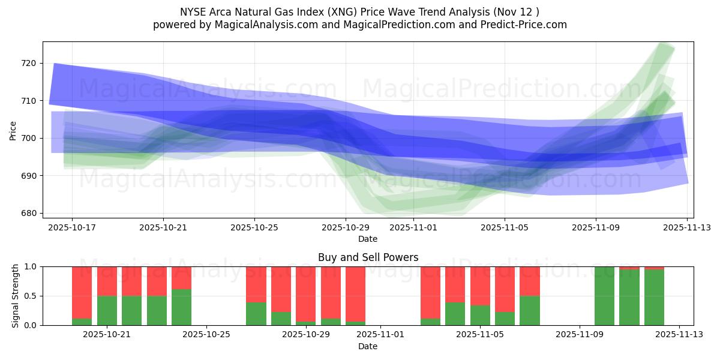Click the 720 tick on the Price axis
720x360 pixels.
29,63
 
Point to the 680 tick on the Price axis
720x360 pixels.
29,213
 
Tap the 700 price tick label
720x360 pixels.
29,138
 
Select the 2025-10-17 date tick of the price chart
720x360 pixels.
72,227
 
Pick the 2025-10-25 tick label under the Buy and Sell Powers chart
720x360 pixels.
206,335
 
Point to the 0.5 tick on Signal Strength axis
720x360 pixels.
30,296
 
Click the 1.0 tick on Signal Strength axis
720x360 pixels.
30,266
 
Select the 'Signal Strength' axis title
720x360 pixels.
16,295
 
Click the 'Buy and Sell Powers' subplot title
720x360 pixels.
368,257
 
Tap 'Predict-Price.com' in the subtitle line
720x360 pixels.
525,25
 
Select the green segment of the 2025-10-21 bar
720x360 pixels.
107,310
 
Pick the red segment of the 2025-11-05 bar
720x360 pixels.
480,286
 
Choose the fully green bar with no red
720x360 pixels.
604,296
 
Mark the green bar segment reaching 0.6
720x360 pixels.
181,307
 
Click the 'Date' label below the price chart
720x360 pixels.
368,239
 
